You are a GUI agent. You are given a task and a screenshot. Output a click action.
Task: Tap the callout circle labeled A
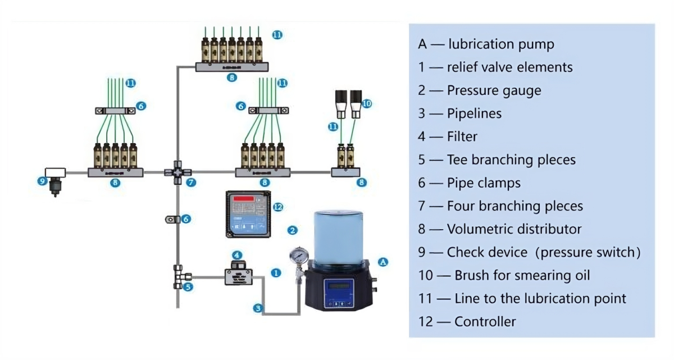tap(383, 262)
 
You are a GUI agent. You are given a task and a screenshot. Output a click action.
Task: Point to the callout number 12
tap(277, 207)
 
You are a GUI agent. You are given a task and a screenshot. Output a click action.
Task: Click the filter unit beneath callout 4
tap(238, 276)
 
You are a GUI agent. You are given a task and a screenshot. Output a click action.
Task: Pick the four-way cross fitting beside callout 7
tap(177, 173)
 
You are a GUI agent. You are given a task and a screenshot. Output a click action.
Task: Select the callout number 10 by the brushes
tap(367, 103)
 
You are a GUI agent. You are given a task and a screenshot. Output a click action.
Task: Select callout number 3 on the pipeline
tap(258, 308)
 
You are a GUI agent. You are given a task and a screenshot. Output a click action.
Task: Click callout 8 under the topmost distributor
tap(231, 78)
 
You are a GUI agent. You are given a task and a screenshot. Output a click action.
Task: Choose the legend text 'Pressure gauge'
tap(494, 90)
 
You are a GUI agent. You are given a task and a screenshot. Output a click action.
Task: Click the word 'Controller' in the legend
tap(485, 322)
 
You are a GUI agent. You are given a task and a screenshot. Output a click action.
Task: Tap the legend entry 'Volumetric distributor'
tap(514, 229)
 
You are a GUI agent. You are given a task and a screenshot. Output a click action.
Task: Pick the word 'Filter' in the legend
tap(462, 136)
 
